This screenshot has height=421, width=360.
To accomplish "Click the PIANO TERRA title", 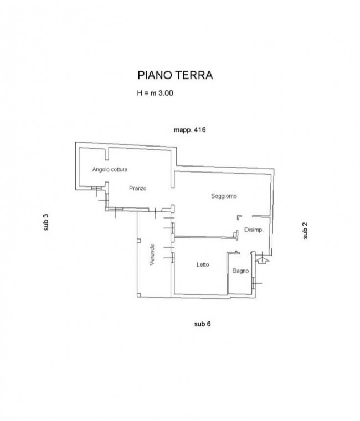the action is pos(176,75).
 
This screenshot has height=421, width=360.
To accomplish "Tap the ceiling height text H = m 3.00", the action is pos(155,93).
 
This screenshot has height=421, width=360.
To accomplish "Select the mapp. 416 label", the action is pos(190,130).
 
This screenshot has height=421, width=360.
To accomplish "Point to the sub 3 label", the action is pos(46,222).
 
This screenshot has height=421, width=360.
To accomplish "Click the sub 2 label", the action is pos(305,230).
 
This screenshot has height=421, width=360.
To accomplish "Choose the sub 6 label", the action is pos(203,324).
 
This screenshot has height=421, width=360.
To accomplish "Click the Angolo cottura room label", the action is pos(110,169).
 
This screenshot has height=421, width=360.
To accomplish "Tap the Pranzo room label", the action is pos(138,188).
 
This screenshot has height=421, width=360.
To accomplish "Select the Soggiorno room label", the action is pos(224,196).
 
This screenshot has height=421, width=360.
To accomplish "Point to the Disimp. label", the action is pos(254,230).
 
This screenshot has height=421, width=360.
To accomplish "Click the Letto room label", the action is pos(203,264).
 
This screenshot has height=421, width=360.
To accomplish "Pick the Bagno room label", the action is pos(240,271).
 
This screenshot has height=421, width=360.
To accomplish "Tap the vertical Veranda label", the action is pos(152,254).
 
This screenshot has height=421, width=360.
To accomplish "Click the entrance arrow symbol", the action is pos(262,259).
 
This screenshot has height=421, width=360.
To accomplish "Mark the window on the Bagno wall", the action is pos(254,283).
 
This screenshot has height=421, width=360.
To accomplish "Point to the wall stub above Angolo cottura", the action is pos(107,154).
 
